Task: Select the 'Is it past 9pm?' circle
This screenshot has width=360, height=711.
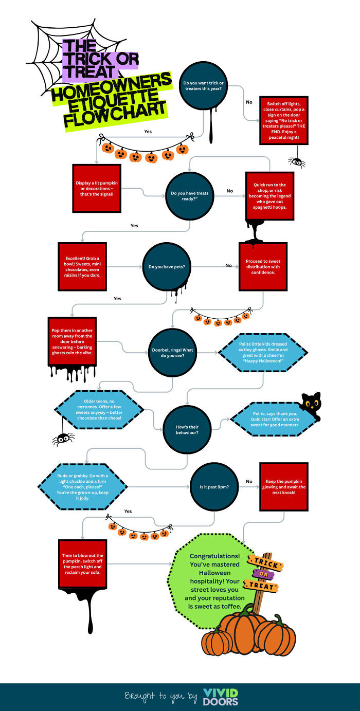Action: click(x=214, y=486)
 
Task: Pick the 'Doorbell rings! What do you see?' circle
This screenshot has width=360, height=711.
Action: click(x=172, y=352)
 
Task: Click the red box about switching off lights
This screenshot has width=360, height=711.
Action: click(x=283, y=120)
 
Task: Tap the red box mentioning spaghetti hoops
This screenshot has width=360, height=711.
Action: click(x=269, y=194)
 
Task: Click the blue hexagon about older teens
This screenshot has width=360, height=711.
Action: click(x=99, y=410)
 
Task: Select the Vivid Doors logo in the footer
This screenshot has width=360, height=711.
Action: click(x=221, y=697)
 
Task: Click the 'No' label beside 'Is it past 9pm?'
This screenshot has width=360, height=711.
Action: click(x=249, y=482)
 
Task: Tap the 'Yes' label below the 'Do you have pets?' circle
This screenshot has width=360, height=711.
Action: click(x=117, y=298)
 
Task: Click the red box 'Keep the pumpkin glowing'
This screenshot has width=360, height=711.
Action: click(x=283, y=487)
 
